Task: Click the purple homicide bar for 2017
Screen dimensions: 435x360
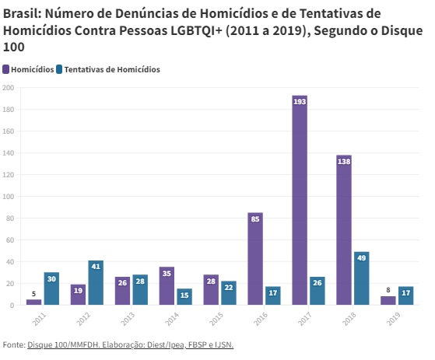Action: (300, 200)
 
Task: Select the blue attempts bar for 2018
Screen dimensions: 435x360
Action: (362, 278)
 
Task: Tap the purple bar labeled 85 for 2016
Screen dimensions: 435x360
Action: (255, 259)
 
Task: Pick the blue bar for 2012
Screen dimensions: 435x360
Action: (96, 283)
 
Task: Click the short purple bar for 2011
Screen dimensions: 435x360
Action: (33, 302)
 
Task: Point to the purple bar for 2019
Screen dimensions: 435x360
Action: (388, 301)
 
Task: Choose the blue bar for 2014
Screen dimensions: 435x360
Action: (184, 297)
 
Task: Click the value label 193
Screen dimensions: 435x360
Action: (300, 102)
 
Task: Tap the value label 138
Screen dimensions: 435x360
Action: (344, 161)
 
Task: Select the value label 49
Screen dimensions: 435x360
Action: (362, 258)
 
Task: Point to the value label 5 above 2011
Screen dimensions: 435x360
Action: (33, 294)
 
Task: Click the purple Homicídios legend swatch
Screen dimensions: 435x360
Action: (5, 69)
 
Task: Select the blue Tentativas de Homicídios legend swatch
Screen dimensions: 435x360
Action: (59, 69)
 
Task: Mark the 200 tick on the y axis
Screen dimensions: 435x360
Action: (8, 88)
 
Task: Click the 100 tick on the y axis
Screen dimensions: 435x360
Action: (8, 197)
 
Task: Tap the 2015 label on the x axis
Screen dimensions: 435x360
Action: (216, 319)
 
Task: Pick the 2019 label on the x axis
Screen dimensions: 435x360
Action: (394, 319)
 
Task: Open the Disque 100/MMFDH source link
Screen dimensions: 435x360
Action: (63, 344)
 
